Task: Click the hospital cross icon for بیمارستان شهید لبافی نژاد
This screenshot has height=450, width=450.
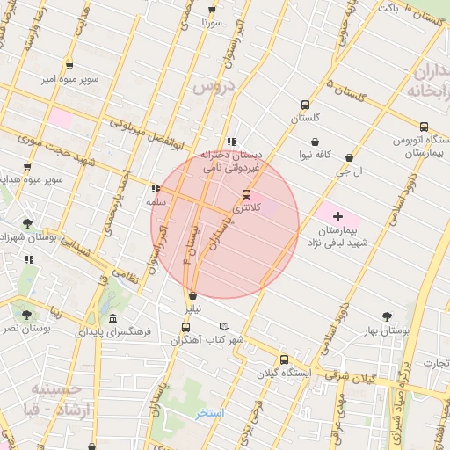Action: click(337, 216)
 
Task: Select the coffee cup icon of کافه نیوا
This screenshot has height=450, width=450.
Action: click(315, 142)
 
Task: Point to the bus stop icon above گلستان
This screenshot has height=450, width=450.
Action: click(305, 103)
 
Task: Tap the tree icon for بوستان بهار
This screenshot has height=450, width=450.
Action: click(387, 316)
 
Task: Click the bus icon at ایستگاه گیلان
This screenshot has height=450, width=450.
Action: click(283, 359)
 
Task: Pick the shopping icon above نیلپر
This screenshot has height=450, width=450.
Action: click(192, 295)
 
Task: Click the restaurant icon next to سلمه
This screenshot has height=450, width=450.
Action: click(156, 188)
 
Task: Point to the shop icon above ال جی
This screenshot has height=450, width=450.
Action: click(350, 158)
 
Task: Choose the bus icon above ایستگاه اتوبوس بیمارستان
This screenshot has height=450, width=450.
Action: click(424, 127)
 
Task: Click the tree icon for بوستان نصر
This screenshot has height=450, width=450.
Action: click(26, 314)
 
